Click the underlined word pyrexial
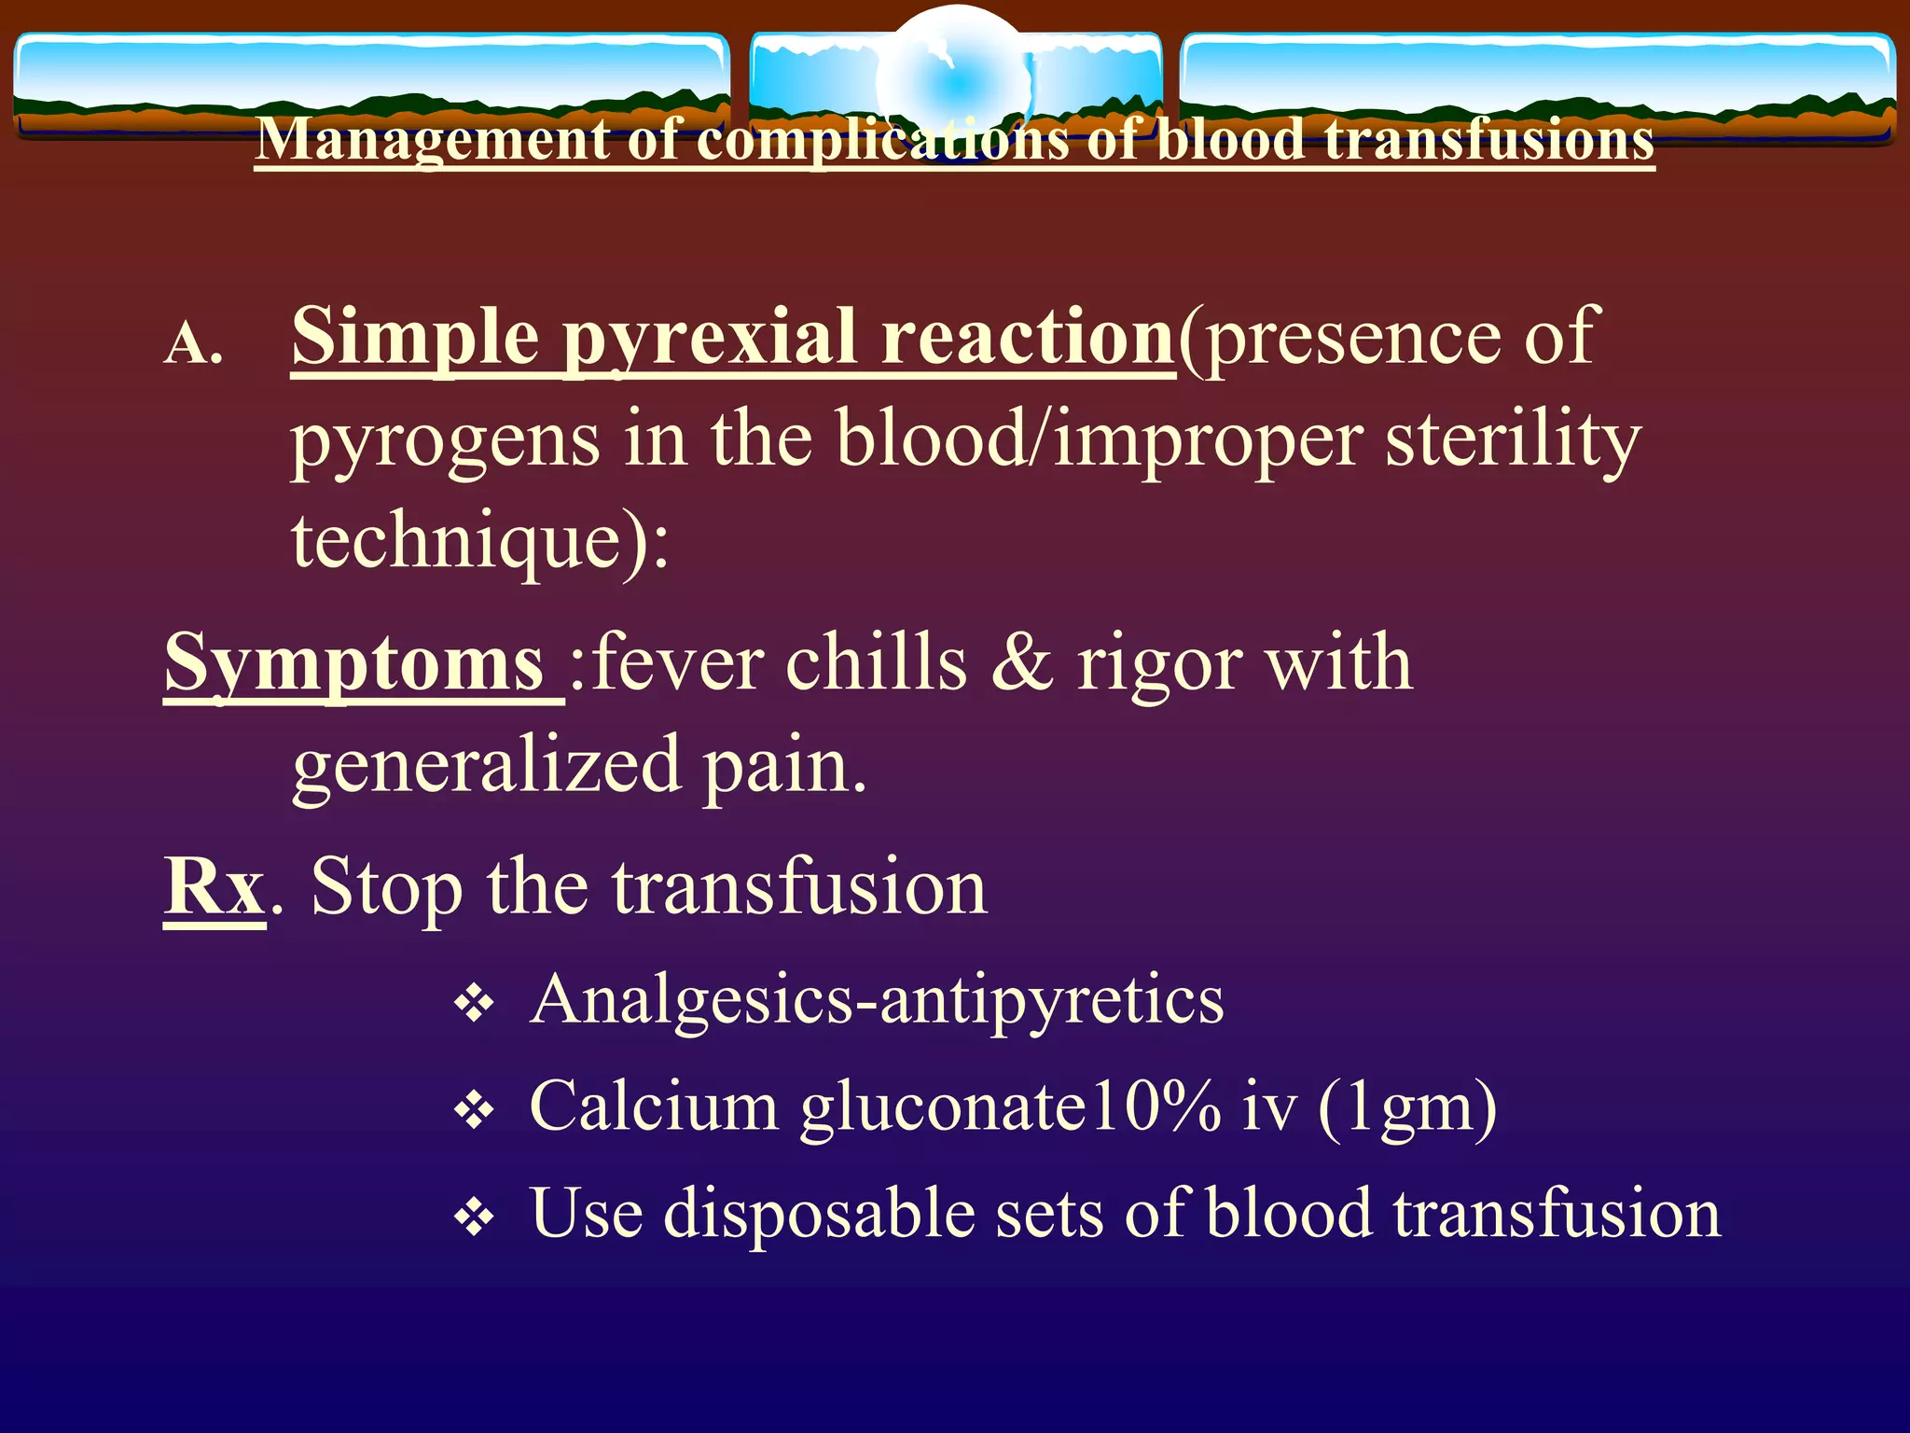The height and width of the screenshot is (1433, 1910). [x=709, y=338]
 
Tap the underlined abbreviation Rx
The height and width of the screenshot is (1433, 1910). [x=215, y=886]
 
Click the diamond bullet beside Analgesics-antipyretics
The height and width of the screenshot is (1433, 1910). [x=474, y=1005]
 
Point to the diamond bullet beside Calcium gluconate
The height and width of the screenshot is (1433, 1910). [x=474, y=1110]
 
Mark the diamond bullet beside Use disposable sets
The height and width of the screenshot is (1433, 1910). [x=474, y=1217]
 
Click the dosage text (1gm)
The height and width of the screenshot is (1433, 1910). [x=1407, y=1108]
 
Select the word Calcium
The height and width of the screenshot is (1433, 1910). [x=653, y=1106]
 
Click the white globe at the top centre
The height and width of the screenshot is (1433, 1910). [x=955, y=79]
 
